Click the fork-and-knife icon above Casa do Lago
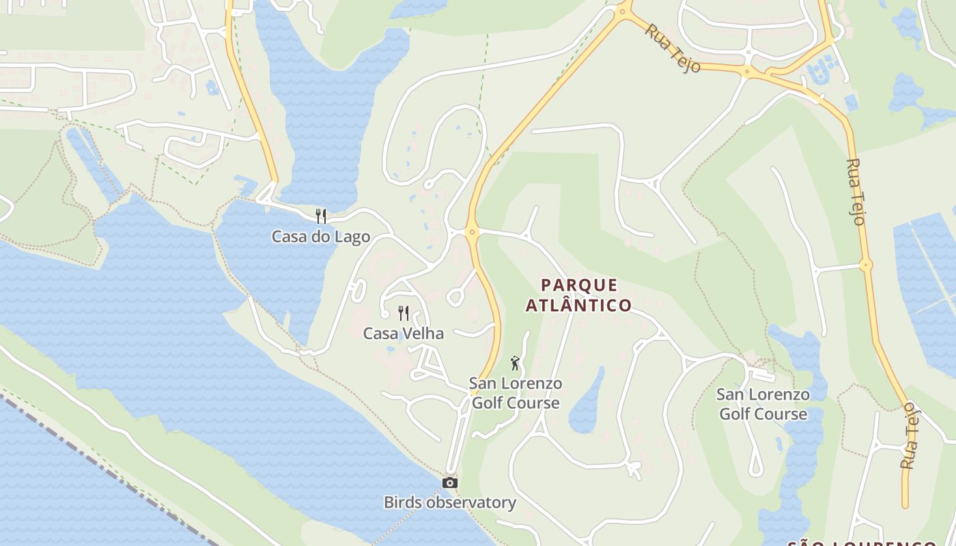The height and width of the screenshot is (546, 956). click(321, 216)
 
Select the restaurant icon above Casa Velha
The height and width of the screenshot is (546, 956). click(404, 313)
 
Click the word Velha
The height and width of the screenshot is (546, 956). click(423, 334)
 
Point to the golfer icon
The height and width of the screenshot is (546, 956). click(515, 363)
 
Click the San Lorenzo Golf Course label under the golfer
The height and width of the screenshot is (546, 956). click(516, 393)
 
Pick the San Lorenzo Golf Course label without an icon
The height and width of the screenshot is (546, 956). click(763, 404)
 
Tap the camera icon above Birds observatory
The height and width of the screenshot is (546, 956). click(449, 483)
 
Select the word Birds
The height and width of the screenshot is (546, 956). click(402, 503)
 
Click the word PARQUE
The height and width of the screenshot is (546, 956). click(579, 285)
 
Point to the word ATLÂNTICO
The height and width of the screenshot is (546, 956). click(578, 305)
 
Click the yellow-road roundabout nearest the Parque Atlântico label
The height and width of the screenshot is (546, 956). click(470, 232)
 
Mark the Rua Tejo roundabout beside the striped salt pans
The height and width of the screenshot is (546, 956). click(866, 265)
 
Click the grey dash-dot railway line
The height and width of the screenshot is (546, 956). click(102, 471)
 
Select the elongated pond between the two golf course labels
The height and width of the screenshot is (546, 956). click(587, 403)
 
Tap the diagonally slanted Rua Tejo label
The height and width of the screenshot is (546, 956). click(673, 48)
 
